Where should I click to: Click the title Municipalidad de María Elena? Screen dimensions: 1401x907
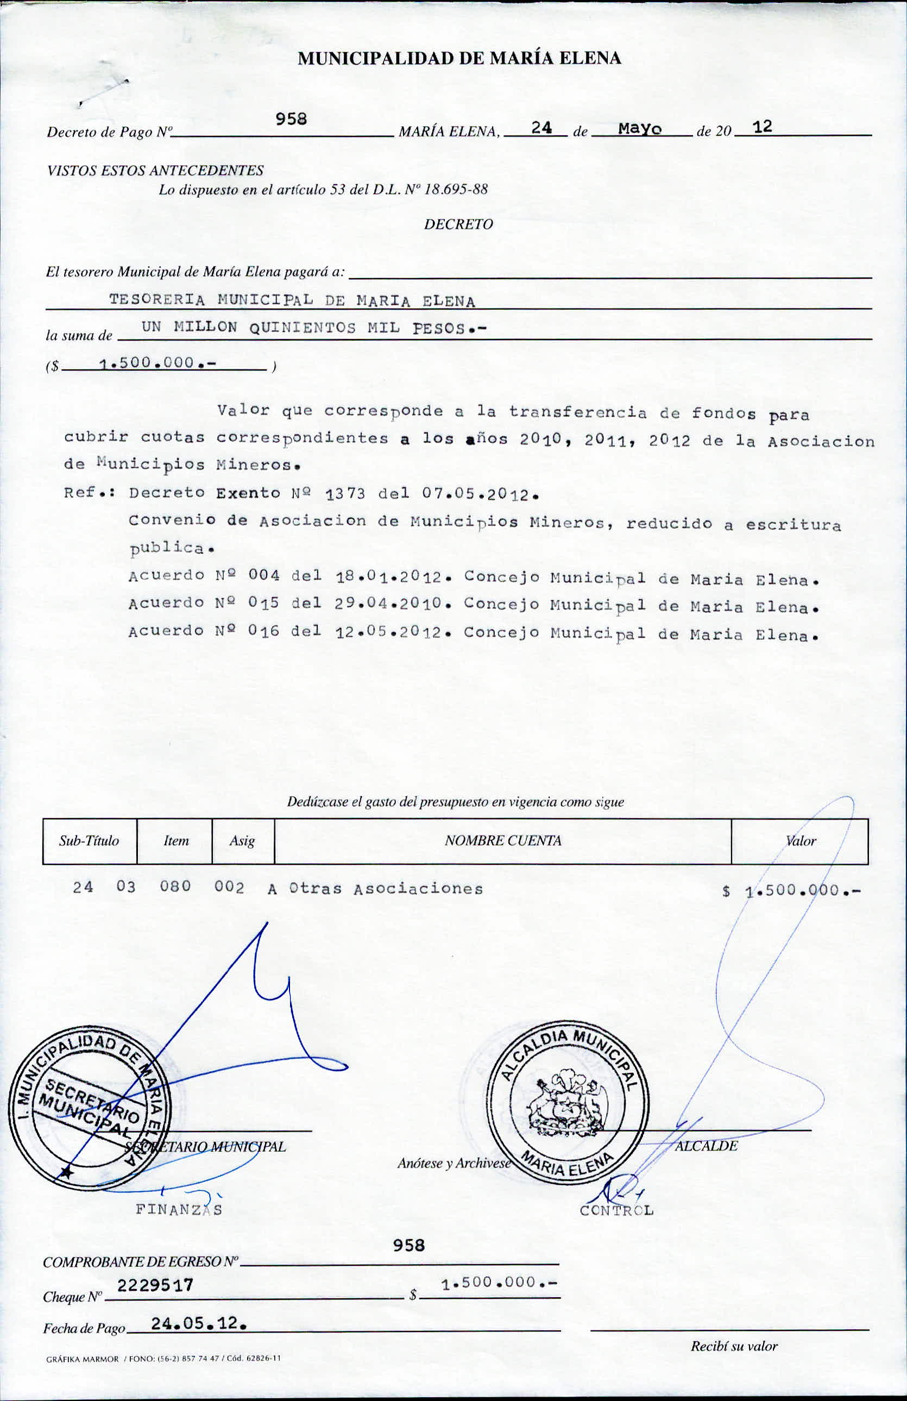point(459,58)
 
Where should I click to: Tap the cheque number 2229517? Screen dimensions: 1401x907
point(155,1285)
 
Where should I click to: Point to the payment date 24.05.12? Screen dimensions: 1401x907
point(198,1324)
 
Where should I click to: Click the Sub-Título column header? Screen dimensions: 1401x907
point(89,840)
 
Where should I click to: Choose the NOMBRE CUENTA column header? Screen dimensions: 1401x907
point(502,840)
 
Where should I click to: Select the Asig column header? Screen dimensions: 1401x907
point(242,840)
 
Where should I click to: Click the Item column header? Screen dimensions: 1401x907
point(176,840)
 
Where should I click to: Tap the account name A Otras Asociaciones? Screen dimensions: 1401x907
point(375,889)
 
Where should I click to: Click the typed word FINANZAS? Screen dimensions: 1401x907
point(179,1210)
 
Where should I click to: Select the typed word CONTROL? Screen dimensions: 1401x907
point(616,1211)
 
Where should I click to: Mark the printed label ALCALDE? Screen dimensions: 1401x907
point(706,1146)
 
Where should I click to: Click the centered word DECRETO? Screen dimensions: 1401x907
point(458,224)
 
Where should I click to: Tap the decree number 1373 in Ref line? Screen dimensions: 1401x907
point(345,493)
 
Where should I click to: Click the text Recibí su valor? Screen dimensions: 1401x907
point(734,1346)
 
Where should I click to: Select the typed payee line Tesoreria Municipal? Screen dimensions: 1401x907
point(292,300)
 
